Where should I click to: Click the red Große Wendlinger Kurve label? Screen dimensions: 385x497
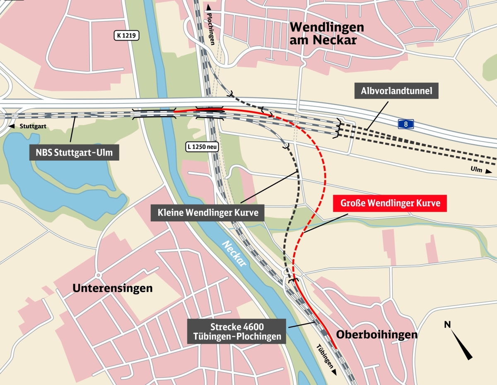pyautogui.click(x=390, y=203)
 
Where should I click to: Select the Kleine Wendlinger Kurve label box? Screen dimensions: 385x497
pyautogui.click(x=208, y=213)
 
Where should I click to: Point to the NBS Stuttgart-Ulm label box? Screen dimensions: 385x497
pyautogui.click(x=74, y=153)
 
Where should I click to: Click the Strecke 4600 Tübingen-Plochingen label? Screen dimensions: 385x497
pyautogui.click(x=236, y=331)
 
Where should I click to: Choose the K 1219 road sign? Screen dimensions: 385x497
pyautogui.click(x=127, y=36)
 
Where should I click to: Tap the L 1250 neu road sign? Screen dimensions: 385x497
pyautogui.click(x=202, y=146)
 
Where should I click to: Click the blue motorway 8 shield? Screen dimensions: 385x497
pyautogui.click(x=406, y=124)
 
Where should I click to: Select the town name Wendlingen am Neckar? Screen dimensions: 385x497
pyautogui.click(x=327, y=34)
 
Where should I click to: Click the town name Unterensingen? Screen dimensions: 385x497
pyautogui.click(x=113, y=288)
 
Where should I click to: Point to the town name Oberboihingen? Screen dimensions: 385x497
pyautogui.click(x=376, y=334)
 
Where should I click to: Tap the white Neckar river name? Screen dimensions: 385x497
pyautogui.click(x=234, y=253)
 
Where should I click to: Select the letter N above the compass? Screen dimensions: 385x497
pyautogui.click(x=447, y=325)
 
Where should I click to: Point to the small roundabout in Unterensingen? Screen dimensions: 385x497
pyautogui.click(x=98, y=275)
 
